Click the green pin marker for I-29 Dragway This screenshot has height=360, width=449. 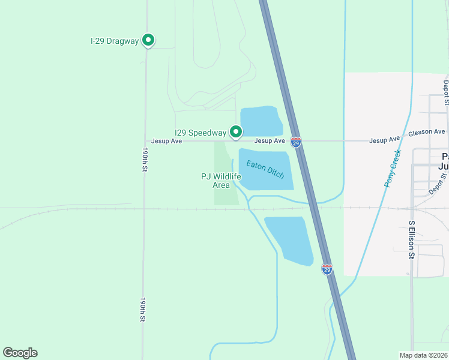tap(148, 40)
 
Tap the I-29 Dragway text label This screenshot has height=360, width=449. tap(114, 41)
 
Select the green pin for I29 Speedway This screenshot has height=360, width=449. tap(236, 131)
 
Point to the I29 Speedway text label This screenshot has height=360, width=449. tap(200, 133)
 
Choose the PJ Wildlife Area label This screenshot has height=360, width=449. tap(221, 181)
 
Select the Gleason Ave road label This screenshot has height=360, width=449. tap(427, 131)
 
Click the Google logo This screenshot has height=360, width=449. tap(20, 353)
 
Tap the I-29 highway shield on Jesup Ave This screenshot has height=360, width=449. tap(295, 142)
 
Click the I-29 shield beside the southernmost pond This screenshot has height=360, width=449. tap(327, 269)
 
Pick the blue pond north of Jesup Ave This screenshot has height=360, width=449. tap(261, 121)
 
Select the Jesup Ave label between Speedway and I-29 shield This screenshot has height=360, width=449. tap(269, 141)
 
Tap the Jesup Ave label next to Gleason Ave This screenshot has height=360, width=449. tap(384, 140)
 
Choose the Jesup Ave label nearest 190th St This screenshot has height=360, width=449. tap(166, 141)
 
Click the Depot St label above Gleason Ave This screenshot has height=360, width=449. tap(446, 92)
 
